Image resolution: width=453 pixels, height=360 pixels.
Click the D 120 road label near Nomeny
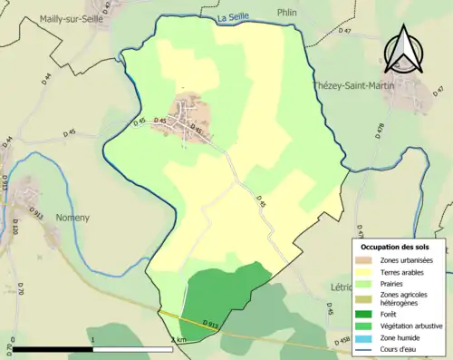tap(14, 228)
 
